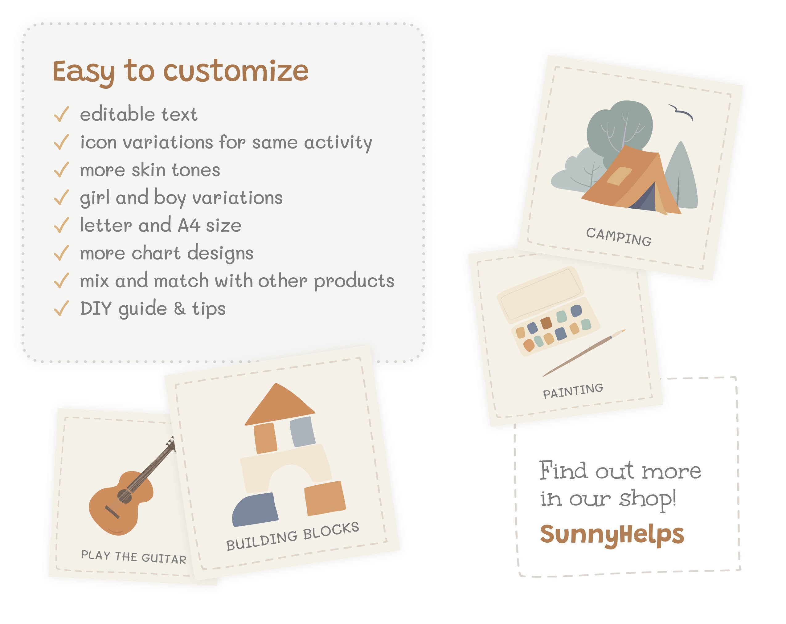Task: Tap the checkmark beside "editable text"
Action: pyautogui.click(x=61, y=114)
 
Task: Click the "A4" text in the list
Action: pyautogui.click(x=189, y=225)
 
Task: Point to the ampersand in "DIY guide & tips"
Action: pyautogui.click(x=179, y=308)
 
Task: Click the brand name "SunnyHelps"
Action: pyautogui.click(x=612, y=534)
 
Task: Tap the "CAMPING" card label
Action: pyautogui.click(x=619, y=237)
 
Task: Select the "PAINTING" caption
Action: pyautogui.click(x=573, y=391)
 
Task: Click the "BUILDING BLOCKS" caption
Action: pyautogui.click(x=293, y=536)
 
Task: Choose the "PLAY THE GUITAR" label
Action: pyautogui.click(x=133, y=557)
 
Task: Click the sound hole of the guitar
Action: pyautogui.click(x=124, y=496)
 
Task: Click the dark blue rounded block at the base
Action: pyautogui.click(x=255, y=509)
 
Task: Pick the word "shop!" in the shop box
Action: pyautogui.click(x=648, y=499)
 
